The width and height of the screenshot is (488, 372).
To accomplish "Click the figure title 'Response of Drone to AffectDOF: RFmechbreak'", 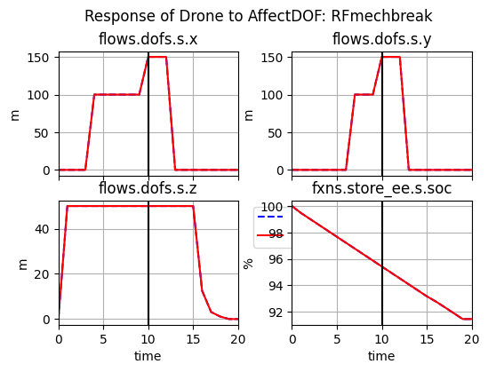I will pyautogui.click(x=258, y=16).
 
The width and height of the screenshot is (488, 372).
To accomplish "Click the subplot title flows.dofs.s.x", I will pyautogui.click(x=148, y=38).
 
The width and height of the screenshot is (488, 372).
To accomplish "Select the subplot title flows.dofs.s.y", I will pyautogui.click(x=381, y=38).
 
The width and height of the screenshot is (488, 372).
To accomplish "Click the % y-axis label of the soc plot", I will pyautogui.click(x=249, y=264).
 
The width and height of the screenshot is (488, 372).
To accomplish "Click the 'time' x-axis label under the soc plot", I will pyautogui.click(x=381, y=356).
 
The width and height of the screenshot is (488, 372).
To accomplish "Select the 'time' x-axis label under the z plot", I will pyautogui.click(x=148, y=356).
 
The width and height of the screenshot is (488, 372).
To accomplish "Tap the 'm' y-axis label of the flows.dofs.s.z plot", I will pyautogui.click(x=15, y=264).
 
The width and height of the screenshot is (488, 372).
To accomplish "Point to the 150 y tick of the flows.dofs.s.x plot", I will pyautogui.click(x=41, y=58).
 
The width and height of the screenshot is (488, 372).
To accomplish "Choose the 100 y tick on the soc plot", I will pyautogui.click(x=274, y=207).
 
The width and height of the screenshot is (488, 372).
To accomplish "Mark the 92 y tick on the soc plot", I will pyautogui.click(x=277, y=313).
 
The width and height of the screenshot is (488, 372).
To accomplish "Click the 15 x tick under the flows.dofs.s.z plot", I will pyautogui.click(x=193, y=338).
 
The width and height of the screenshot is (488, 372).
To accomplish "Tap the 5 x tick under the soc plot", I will pyautogui.click(x=337, y=338).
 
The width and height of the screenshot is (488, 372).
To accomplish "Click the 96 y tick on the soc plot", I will pyautogui.click(x=277, y=260).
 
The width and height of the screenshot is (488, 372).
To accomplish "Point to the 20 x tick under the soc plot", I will pyautogui.click(x=471, y=338).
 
